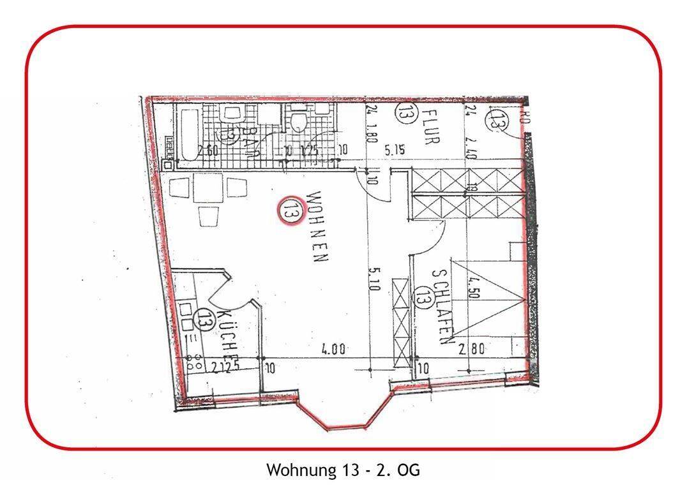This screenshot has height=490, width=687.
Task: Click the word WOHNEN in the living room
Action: [x=318, y=227]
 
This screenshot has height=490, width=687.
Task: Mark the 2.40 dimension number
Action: [x=471, y=144]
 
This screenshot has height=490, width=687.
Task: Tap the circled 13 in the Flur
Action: [x=404, y=113]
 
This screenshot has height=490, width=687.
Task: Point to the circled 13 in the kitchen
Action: [x=204, y=318]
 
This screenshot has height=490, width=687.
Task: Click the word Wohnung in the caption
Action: [x=297, y=471]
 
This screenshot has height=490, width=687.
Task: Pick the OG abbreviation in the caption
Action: [x=409, y=471]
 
